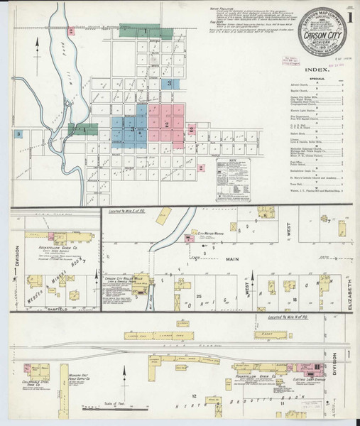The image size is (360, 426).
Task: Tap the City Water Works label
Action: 210,234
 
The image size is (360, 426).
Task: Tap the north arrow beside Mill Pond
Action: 36,44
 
